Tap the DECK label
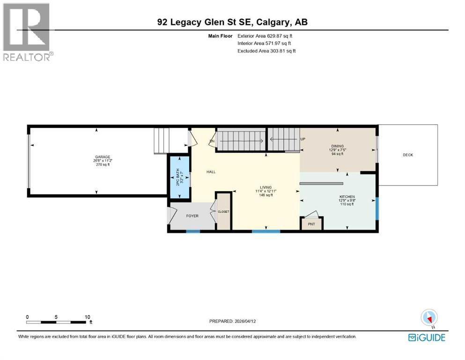coord(408,155)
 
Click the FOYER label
coord(192,216)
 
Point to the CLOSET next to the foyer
coord(223,211)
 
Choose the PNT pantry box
coord(311,224)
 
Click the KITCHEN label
coord(347,196)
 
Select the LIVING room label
coord(266,187)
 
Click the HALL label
coord(211,172)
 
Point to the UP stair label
coord(303,139)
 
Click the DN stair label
coord(212,141)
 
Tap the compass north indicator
coord(429,318)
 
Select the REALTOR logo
coord(27,32)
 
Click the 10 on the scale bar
coord(87,317)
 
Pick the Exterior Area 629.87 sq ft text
coord(266,36)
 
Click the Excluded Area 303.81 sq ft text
coord(266,51)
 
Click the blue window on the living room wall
coord(266,231)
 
